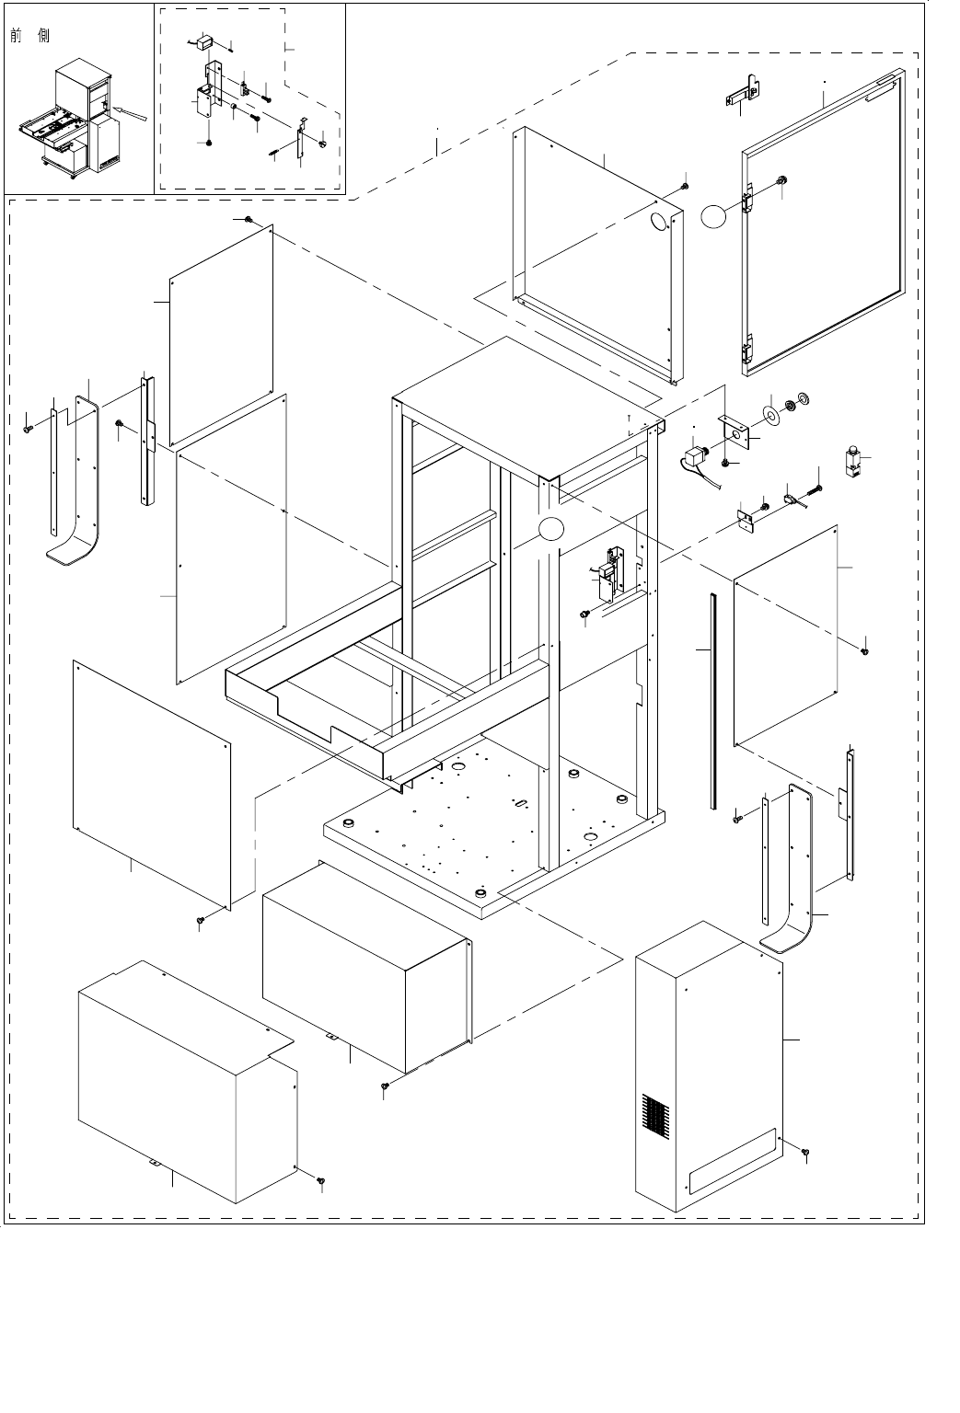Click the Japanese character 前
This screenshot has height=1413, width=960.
point(17,36)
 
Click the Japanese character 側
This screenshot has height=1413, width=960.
point(44,36)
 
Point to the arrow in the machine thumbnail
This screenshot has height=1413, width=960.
point(128,114)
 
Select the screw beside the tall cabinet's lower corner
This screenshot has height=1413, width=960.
point(805,1152)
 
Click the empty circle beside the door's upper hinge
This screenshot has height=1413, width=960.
point(714,216)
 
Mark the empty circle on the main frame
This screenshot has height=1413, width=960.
point(549,529)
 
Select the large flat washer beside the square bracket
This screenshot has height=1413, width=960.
point(770,411)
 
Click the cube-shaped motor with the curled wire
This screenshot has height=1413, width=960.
point(698,458)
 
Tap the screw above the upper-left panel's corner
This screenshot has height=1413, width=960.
point(249,219)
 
